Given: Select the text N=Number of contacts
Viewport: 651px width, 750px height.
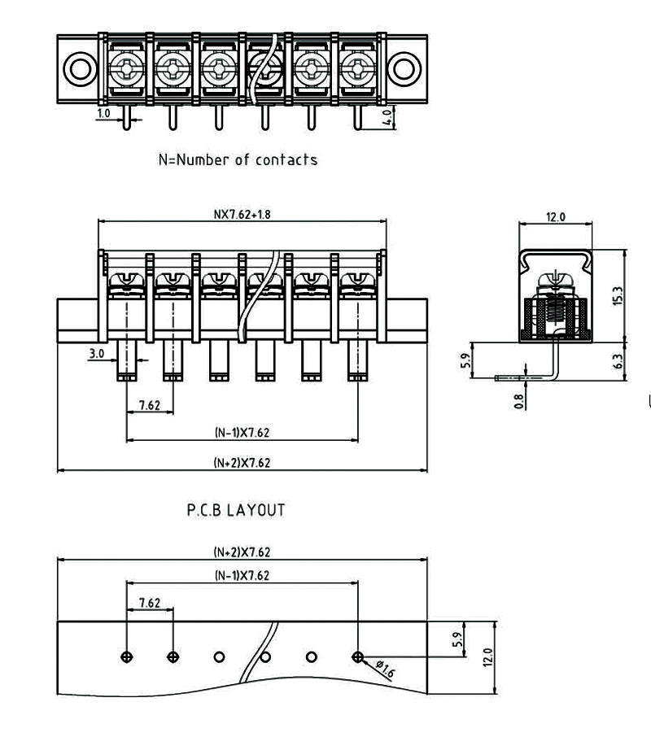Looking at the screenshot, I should coord(238,159).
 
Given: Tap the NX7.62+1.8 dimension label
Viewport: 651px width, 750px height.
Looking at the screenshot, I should coord(242,215).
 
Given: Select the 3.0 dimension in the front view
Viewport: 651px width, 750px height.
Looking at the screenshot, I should coord(96,353).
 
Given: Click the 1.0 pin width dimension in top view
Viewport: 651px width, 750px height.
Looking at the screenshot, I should coord(103,114).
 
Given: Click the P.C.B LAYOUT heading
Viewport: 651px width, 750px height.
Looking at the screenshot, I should coord(236,511).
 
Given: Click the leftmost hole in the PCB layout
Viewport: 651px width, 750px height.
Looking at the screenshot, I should coord(126,656).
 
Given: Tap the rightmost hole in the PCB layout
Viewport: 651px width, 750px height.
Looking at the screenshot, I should coord(357,656).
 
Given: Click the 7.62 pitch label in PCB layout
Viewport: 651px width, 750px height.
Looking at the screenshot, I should coord(150,603).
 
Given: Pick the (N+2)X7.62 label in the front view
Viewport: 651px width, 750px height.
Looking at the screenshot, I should coord(242,463).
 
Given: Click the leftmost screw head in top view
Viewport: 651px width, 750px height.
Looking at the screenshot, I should coord(126,66).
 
